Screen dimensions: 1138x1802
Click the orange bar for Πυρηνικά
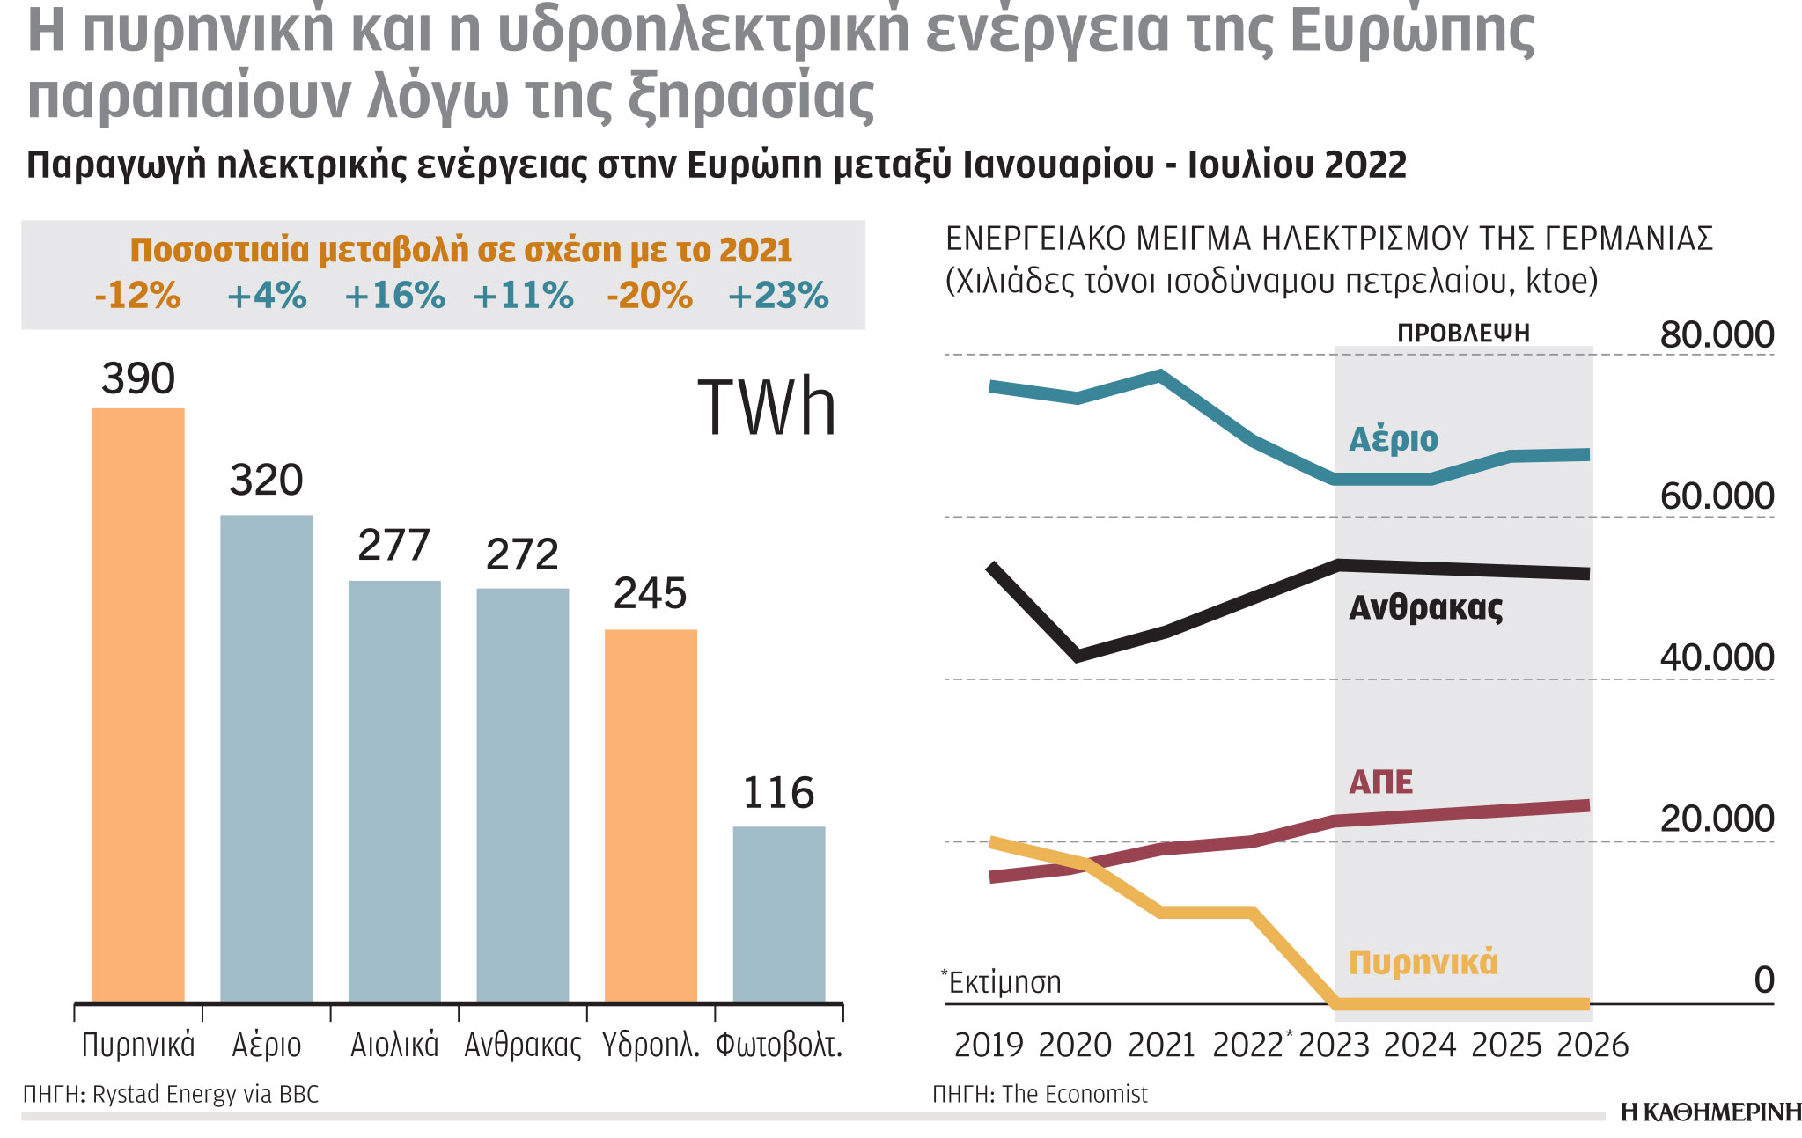tap(138, 704)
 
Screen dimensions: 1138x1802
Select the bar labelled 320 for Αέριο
tap(266, 757)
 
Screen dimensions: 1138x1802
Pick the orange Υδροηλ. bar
tap(651, 815)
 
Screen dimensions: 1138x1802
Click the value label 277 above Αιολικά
tap(393, 546)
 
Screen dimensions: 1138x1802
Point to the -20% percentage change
tap(650, 296)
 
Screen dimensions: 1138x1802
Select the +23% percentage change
tap(778, 296)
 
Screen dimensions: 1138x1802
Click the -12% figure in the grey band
tap(137, 296)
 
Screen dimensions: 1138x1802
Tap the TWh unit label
tap(766, 408)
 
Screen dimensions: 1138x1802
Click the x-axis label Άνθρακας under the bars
tap(523, 1046)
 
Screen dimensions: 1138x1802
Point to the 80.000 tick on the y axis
tap(1716, 335)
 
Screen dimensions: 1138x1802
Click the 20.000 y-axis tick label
tap(1716, 819)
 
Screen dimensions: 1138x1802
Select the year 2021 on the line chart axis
tap(1161, 1046)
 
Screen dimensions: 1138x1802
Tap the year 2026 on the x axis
tap(1592, 1046)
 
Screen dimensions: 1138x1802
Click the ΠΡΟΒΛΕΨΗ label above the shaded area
tap(1463, 334)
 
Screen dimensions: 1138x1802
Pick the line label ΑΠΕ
tap(1380, 782)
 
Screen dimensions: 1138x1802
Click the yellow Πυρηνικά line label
tap(1423, 962)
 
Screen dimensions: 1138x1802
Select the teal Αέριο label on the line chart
tap(1394, 438)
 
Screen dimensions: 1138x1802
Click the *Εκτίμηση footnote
tap(1002, 981)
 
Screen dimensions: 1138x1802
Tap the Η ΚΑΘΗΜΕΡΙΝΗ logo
tap(1710, 1112)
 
